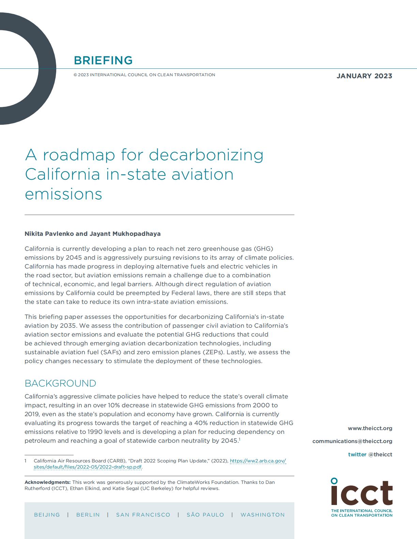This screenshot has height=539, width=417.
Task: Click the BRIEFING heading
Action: [x=103, y=60]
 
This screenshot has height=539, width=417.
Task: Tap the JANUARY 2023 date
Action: [x=364, y=76]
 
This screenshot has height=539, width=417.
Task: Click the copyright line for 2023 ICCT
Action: [x=144, y=75]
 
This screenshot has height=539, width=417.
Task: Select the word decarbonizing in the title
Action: [x=206, y=155]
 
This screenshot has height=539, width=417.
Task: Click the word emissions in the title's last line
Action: [x=63, y=194]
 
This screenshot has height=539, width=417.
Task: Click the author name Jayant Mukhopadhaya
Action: [x=125, y=234]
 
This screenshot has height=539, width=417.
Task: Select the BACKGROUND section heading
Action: [x=60, y=383]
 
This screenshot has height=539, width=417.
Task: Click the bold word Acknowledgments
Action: [x=47, y=482]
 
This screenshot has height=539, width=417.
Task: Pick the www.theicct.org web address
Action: [x=370, y=428]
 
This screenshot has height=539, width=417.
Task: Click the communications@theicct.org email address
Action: [x=352, y=441]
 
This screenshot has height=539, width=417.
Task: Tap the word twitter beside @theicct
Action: [x=357, y=454]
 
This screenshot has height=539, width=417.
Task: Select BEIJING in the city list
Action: [x=47, y=514]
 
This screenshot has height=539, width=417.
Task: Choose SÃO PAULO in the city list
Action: [x=205, y=514]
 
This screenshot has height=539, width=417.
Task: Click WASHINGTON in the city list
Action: [x=263, y=514]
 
